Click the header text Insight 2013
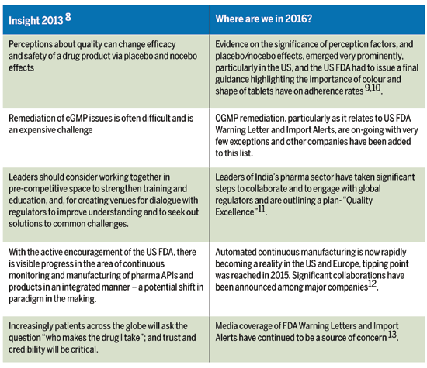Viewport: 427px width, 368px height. click(36, 21)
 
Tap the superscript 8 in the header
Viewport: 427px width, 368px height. click(68, 17)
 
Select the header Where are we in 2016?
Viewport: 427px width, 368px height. click(264, 19)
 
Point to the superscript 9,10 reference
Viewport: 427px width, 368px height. click(373, 88)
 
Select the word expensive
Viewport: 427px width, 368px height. click(36, 130)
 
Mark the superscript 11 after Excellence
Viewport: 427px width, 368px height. click(261, 209)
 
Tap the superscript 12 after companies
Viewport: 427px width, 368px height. click(372, 284)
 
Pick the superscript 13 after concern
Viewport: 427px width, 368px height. click(392, 335)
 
